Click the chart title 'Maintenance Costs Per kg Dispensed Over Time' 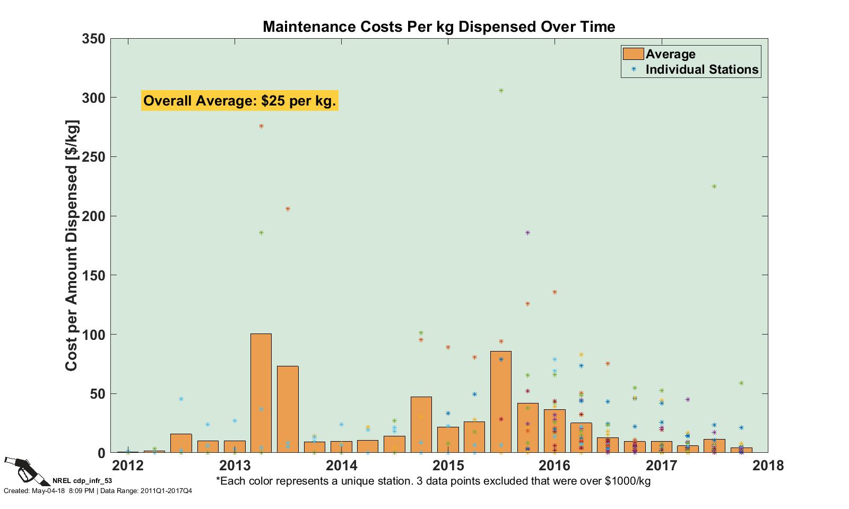tap(439, 27)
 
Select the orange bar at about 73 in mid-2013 tap(288, 409)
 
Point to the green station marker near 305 tap(501, 91)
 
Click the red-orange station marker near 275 tap(261, 126)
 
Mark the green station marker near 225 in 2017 tap(714, 187)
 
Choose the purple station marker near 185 tap(527, 233)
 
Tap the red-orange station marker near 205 tap(288, 209)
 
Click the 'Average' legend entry tap(670, 54)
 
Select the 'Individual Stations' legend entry tap(701, 69)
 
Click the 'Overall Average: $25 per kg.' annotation tap(240, 101)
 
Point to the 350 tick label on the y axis tap(93, 39)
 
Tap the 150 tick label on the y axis tap(93, 276)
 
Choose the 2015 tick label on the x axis tap(448, 466)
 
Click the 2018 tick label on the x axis tap(768, 466)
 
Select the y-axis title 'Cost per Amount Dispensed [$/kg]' tap(72, 247)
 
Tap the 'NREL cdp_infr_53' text tap(82, 481)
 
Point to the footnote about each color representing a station tap(433, 481)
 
